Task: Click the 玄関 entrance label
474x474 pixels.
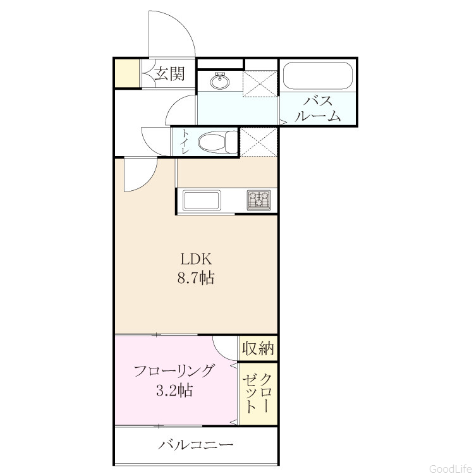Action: click(x=169, y=74)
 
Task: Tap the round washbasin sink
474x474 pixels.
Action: click(x=220, y=81)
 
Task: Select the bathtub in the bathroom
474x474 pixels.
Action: click(x=318, y=76)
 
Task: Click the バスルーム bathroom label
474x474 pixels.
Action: click(x=318, y=109)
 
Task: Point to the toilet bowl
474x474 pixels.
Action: click(x=217, y=142)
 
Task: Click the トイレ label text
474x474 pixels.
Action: click(x=185, y=142)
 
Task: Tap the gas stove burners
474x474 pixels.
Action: click(x=258, y=200)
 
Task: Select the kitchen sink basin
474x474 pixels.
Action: click(x=202, y=200)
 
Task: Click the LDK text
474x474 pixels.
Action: click(x=195, y=259)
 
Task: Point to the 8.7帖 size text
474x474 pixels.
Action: click(x=196, y=277)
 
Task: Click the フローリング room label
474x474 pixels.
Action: click(x=174, y=371)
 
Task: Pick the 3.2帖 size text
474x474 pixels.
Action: click(x=174, y=390)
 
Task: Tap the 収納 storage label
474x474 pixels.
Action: click(x=258, y=348)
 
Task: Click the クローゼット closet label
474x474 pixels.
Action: click(x=258, y=393)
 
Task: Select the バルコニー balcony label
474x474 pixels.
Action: click(x=196, y=444)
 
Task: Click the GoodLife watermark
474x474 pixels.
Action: click(x=451, y=468)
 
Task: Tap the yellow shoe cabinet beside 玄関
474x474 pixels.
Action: click(x=127, y=73)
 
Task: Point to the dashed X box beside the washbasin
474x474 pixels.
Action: click(x=260, y=83)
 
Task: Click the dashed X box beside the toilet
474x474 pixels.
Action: click(x=258, y=142)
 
